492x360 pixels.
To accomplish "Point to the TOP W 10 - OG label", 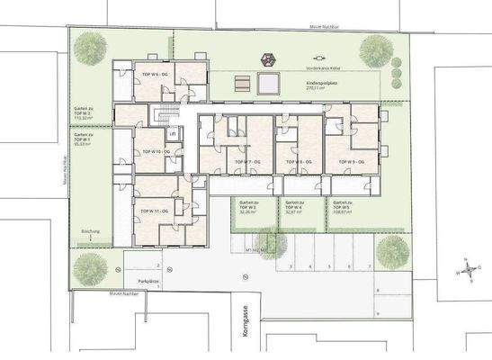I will point(150,152).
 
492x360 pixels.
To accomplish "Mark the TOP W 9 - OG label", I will point(351,160).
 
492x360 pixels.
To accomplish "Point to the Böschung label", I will point(90,232).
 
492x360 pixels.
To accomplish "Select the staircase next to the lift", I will point(162,115).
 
